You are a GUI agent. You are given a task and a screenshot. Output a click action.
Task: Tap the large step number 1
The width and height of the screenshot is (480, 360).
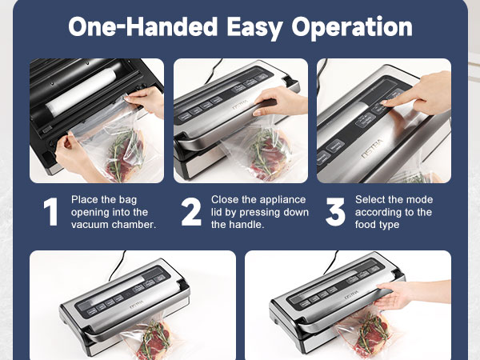pyautogui.click(x=50, y=213)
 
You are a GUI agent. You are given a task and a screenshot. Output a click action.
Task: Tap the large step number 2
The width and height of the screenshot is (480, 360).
pyautogui.click(x=191, y=213)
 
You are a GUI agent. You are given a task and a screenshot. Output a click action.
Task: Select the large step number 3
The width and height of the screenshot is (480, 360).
pyautogui.click(x=335, y=213)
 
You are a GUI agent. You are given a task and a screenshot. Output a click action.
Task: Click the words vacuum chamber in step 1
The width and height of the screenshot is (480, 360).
pyautogui.click(x=113, y=226)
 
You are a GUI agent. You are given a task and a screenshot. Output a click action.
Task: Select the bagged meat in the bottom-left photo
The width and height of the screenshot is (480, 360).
pyautogui.click(x=156, y=340)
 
